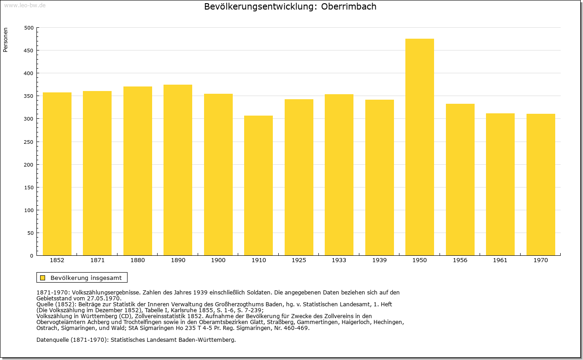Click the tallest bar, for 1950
(419, 147)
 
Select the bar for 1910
(258, 186)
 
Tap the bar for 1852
(57, 174)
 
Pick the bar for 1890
(178, 170)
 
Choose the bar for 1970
(541, 185)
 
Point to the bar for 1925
(299, 177)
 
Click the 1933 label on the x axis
(339, 260)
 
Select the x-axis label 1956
(460, 260)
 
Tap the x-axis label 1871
(97, 260)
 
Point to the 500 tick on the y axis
(29, 28)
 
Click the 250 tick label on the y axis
(29, 142)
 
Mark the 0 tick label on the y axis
(31, 256)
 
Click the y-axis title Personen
(5, 40)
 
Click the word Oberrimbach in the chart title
(348, 6)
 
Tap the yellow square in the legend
(43, 278)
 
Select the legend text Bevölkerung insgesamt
(86, 278)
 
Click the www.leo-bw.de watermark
(25, 5)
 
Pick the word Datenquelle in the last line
(52, 340)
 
